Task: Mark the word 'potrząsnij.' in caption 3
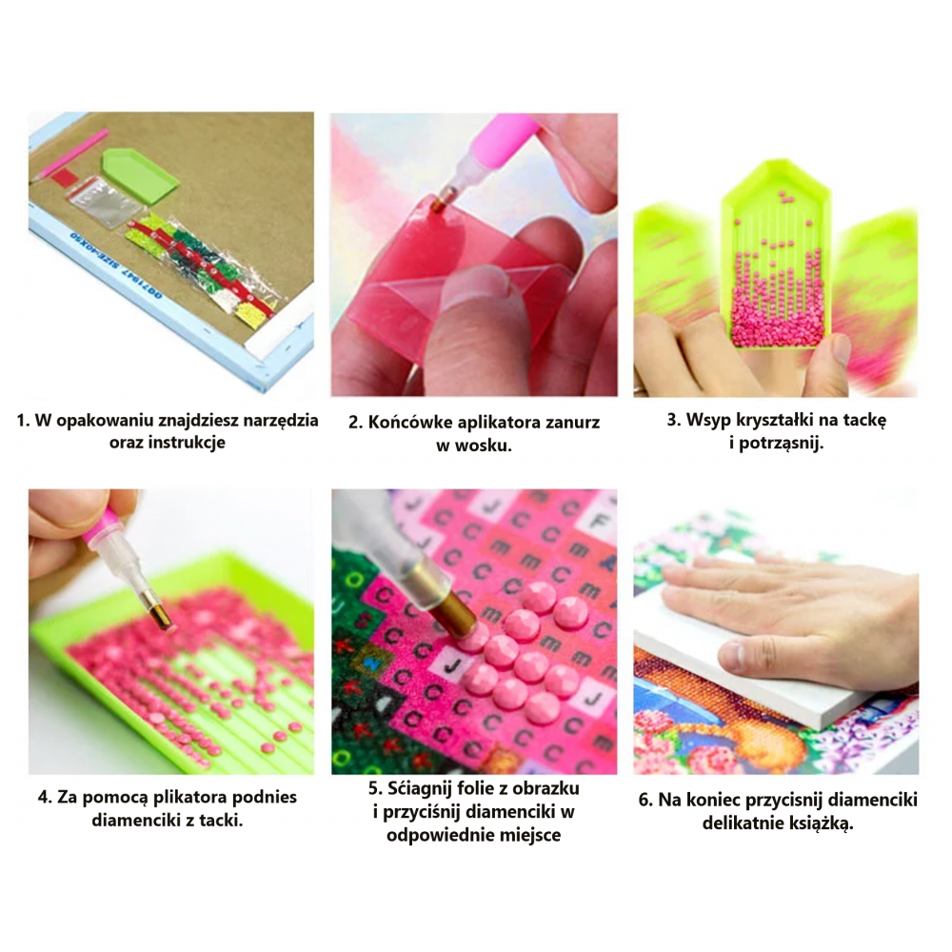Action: tap(782, 443)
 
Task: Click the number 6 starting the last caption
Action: tap(645, 801)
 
